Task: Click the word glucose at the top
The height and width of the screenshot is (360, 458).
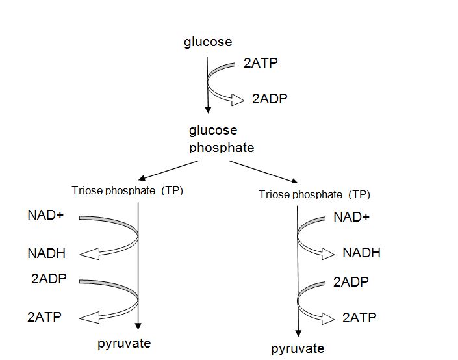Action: pyautogui.click(x=208, y=43)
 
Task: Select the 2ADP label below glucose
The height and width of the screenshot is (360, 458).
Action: pyautogui.click(x=269, y=99)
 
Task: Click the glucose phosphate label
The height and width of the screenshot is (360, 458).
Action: pyautogui.click(x=222, y=139)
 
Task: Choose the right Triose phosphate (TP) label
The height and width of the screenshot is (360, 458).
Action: pyautogui.click(x=314, y=194)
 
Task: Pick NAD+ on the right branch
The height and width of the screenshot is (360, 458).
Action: pyautogui.click(x=351, y=217)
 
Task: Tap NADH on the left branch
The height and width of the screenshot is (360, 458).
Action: pyautogui.click(x=47, y=253)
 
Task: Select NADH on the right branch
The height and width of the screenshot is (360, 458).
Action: pyautogui.click(x=361, y=253)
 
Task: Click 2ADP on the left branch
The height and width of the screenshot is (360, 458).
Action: pyautogui.click(x=49, y=279)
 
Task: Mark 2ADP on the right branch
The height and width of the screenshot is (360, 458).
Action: pyautogui.click(x=351, y=282)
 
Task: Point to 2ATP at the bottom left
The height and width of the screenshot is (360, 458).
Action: pyautogui.click(x=44, y=318)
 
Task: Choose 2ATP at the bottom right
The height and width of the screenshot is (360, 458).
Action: pyautogui.click(x=359, y=318)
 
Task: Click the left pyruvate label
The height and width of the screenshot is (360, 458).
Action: pyautogui.click(x=124, y=344)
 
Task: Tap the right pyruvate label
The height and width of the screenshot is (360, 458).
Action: pyautogui.click(x=298, y=349)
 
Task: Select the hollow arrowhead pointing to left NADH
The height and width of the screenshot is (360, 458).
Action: pyautogui.click(x=88, y=253)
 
